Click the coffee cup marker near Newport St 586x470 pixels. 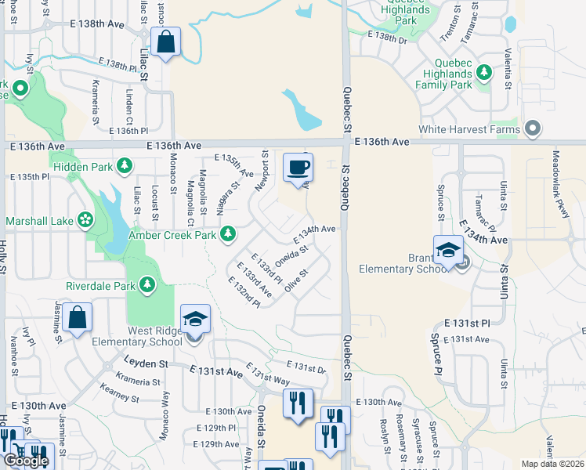pos(298,168)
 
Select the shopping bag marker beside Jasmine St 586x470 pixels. pos(78,319)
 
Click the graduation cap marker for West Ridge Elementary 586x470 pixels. pos(195,319)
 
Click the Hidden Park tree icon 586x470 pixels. pos(124,165)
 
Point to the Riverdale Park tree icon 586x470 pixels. pos(147,285)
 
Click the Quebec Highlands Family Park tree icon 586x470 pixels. pos(484,74)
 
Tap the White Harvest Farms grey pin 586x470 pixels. pos(534,128)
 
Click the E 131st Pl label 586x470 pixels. pos(466,323)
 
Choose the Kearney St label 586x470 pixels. pos(120,392)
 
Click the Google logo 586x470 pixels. pos(26,461)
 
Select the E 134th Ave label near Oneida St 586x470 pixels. pos(315,233)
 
